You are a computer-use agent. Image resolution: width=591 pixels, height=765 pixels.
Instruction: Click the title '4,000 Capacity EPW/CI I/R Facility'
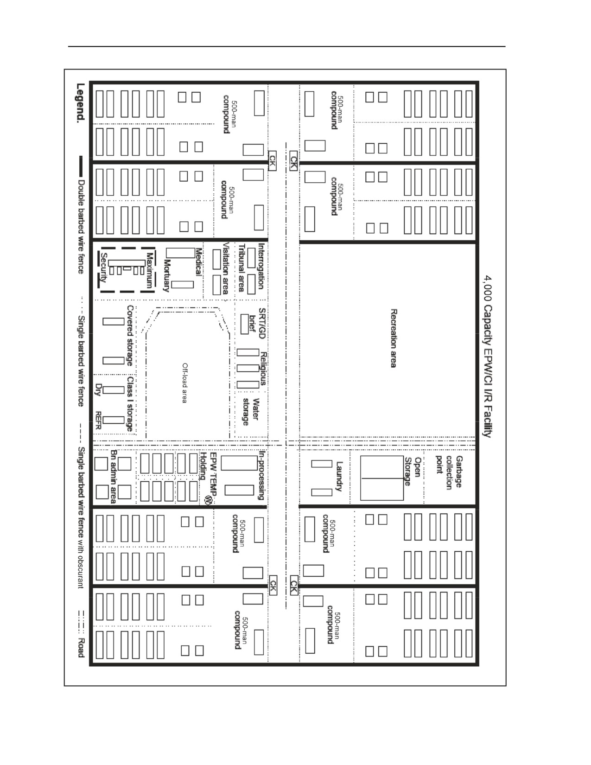488,356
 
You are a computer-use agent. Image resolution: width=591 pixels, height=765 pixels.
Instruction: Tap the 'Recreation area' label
394,338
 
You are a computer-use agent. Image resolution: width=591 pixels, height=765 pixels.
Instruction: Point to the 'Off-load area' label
184,383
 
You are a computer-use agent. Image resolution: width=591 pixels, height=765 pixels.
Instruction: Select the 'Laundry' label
340,476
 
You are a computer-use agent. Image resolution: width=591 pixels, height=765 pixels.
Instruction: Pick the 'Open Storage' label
412,472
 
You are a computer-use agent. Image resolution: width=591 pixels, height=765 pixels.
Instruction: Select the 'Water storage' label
251,412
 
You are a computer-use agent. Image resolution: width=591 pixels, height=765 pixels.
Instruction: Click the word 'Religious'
262,369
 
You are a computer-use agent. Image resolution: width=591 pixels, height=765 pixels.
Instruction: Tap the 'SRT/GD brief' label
257,323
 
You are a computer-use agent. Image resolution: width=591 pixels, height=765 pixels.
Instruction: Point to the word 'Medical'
198,261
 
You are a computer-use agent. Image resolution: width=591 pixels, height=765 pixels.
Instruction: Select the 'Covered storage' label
130,336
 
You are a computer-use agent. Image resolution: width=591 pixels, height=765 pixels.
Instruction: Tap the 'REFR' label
98,421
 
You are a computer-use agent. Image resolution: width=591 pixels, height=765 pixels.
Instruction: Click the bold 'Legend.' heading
81,103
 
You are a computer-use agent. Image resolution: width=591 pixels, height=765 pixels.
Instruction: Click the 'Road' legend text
81,647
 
